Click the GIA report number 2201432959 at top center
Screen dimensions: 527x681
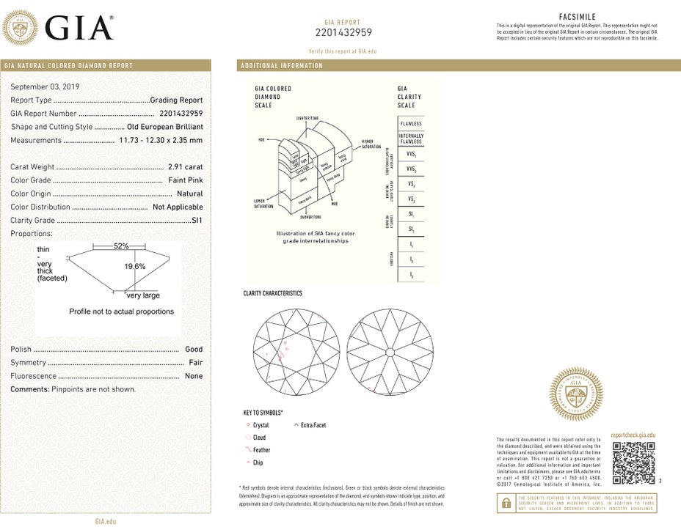pyautogui.click(x=343, y=32)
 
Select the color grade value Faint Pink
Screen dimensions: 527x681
pyautogui.click(x=185, y=180)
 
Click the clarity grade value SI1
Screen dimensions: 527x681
pyautogui.click(x=197, y=220)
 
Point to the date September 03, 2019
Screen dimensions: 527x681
pyautogui.click(x=45, y=86)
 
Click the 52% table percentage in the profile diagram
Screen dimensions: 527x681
pyautogui.click(x=121, y=246)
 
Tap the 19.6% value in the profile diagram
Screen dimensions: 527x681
pyautogui.click(x=135, y=267)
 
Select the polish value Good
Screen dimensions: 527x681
pyautogui.click(x=194, y=350)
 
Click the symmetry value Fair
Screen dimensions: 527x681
pyautogui.click(x=195, y=363)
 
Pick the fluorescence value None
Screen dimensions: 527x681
pyautogui.click(x=194, y=376)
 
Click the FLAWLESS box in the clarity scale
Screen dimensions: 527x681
pyautogui.click(x=411, y=124)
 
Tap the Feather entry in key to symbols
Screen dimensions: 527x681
pyautogui.click(x=261, y=450)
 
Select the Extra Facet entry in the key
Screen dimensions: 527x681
pyautogui.click(x=313, y=425)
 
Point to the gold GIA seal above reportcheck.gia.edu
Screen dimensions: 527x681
pyautogui.click(x=576, y=395)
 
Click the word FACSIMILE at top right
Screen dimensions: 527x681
pyautogui.click(x=577, y=16)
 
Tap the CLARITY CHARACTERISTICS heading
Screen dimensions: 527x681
pyautogui.click(x=272, y=293)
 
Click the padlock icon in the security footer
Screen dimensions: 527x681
pyautogui.click(x=506, y=503)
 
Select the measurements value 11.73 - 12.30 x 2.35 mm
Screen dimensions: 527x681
pyautogui.click(x=161, y=140)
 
